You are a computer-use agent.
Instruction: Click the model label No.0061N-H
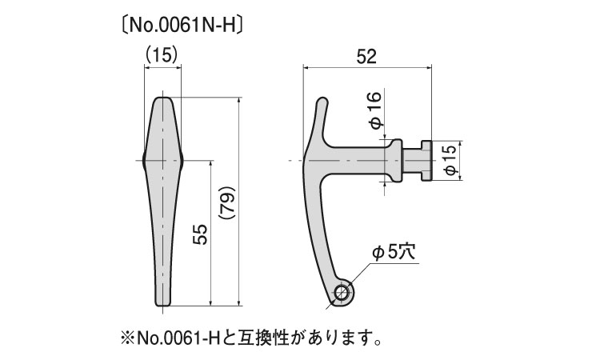point(180,24)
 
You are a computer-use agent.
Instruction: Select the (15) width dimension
point(162,54)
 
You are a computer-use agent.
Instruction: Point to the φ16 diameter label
point(376,109)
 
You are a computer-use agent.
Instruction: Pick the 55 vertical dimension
point(201,233)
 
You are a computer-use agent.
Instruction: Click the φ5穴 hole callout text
point(394,252)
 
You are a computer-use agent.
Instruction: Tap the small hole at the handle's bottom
point(342,292)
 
